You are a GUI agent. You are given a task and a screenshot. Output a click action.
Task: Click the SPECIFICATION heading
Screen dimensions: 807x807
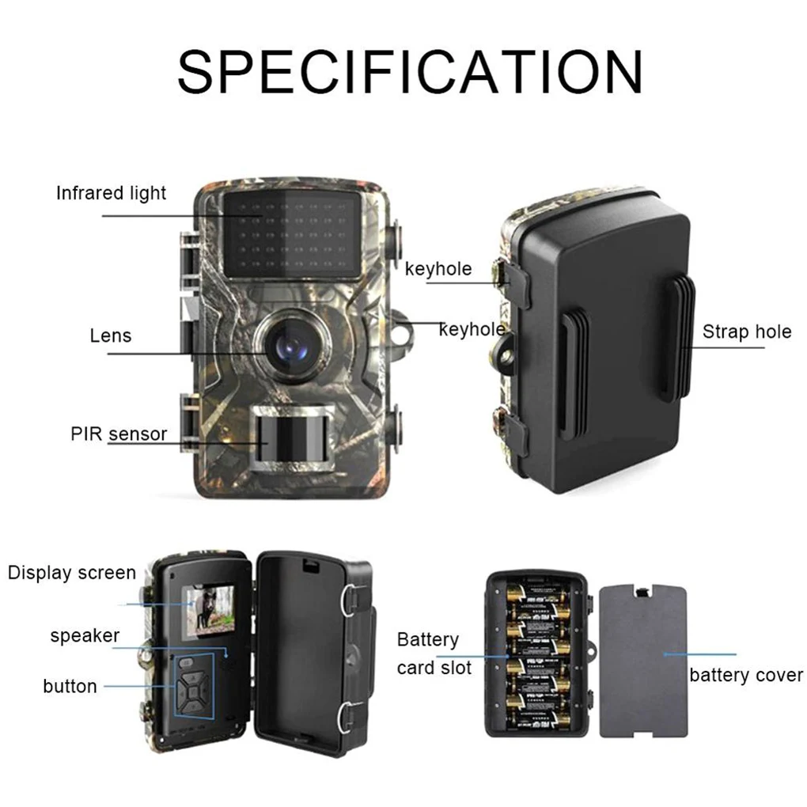[x=409, y=71]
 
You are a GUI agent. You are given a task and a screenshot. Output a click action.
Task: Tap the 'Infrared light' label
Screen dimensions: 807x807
[x=111, y=193]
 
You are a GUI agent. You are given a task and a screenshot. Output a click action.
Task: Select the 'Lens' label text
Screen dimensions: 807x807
[x=111, y=335]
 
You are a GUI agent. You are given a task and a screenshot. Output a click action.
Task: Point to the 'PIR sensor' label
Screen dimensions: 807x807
[x=119, y=434]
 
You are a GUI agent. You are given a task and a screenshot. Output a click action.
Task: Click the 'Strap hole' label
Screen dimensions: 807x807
[x=746, y=332]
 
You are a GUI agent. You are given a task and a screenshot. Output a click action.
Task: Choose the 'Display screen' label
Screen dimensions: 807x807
[x=72, y=573]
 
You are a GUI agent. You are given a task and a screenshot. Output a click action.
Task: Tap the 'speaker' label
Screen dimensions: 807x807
[x=85, y=635]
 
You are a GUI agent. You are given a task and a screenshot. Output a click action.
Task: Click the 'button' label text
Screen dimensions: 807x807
[x=70, y=686]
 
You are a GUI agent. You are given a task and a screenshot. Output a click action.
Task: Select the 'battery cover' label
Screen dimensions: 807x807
[x=745, y=675]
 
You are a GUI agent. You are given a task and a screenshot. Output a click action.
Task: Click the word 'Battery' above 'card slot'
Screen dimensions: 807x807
[x=427, y=639]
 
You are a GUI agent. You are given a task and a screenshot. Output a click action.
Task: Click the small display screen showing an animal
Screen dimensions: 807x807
[x=208, y=611]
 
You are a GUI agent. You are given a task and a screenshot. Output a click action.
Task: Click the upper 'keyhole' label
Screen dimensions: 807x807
[x=438, y=269]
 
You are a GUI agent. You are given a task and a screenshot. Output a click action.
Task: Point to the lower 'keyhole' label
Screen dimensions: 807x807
[x=472, y=329]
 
